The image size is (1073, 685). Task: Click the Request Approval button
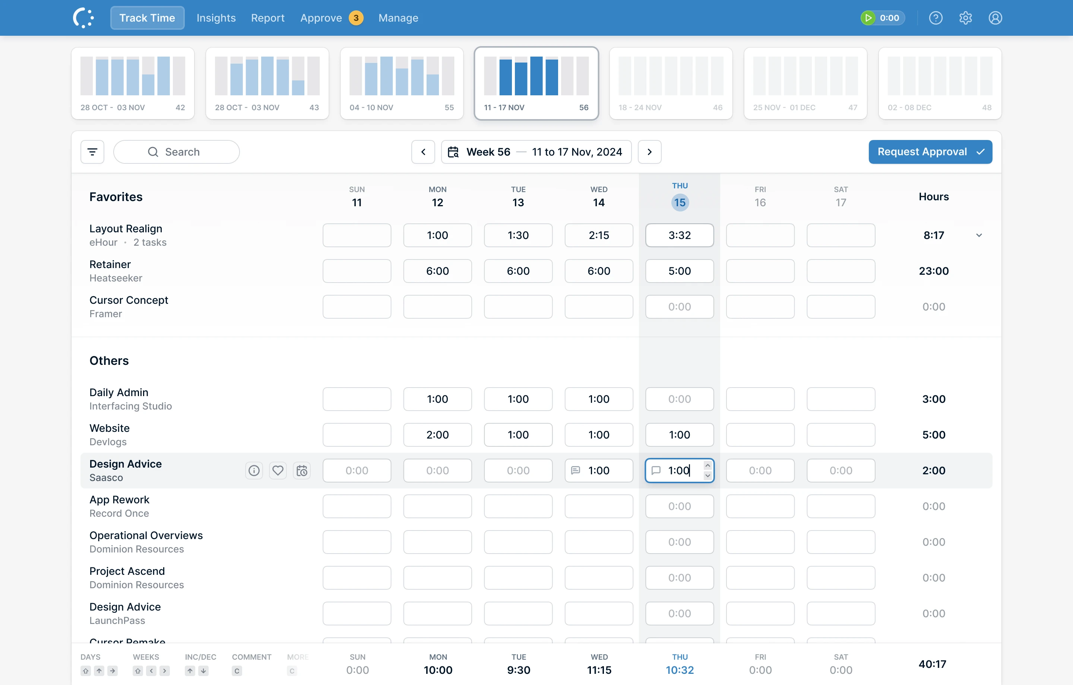click(x=930, y=152)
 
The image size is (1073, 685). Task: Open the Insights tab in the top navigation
click(x=216, y=18)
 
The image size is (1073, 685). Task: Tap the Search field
click(x=177, y=152)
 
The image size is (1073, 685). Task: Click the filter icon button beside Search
click(x=92, y=152)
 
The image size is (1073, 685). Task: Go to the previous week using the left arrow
click(x=423, y=152)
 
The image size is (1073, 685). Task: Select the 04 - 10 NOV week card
click(x=402, y=83)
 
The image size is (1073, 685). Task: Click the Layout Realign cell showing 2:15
click(x=599, y=235)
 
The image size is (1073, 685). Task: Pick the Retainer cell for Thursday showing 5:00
click(x=680, y=271)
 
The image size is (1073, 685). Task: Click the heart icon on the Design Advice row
click(x=278, y=470)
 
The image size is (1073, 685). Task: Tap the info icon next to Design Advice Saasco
click(x=254, y=470)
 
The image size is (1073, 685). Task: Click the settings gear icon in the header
click(x=966, y=18)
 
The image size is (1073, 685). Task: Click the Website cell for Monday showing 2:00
click(x=437, y=435)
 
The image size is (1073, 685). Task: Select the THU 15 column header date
click(x=680, y=203)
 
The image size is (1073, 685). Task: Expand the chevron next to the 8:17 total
click(x=979, y=235)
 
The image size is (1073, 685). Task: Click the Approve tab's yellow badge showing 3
click(x=356, y=18)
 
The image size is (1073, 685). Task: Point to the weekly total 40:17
click(x=933, y=664)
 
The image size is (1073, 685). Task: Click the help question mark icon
click(x=936, y=18)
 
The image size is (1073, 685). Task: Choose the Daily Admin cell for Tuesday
click(x=518, y=399)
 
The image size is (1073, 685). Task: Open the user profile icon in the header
click(x=996, y=18)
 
